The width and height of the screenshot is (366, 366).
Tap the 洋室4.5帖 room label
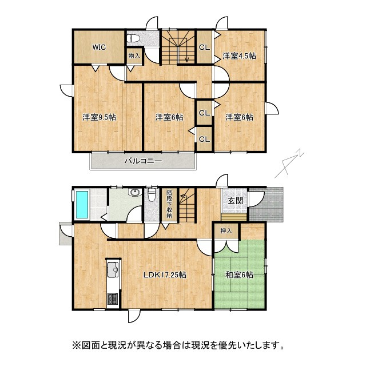click(x=239, y=56)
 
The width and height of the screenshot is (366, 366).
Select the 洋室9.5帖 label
click(x=99, y=117)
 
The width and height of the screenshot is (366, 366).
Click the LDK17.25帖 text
click(x=165, y=274)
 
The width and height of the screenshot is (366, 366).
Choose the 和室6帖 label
click(x=239, y=274)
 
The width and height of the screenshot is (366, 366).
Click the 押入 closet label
click(x=226, y=230)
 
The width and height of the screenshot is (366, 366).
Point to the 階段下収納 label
click(x=169, y=204)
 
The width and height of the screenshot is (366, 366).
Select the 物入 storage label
click(x=134, y=57)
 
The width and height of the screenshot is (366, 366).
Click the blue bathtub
click(x=82, y=204)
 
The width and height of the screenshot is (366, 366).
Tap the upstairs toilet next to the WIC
click(x=134, y=39)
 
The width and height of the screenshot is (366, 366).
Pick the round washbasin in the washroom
click(x=136, y=193)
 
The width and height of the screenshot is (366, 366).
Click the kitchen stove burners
click(x=112, y=299)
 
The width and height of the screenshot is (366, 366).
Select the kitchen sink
click(x=112, y=269)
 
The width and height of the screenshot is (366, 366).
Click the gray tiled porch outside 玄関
click(x=266, y=204)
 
